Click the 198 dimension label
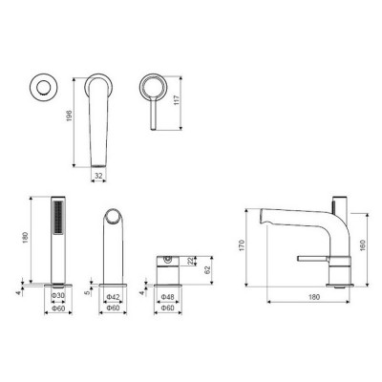(70, 116)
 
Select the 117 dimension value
(178, 100)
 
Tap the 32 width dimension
(98, 175)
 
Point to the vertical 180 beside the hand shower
(26, 238)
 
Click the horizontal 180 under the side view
(314, 297)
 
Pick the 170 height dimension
(242, 245)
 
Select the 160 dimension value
(363, 244)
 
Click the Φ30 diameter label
(58, 295)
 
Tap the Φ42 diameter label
(113, 297)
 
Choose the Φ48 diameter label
(168, 297)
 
